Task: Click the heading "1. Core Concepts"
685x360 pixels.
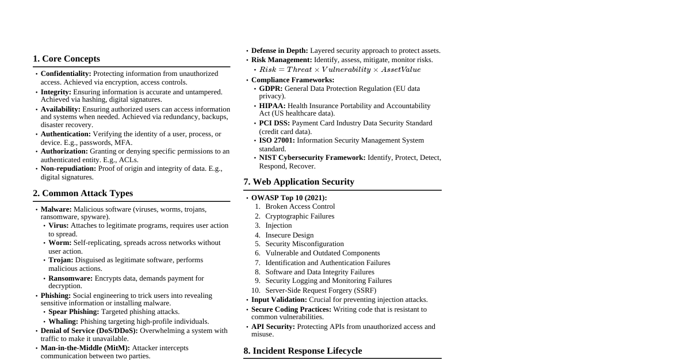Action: [66, 59]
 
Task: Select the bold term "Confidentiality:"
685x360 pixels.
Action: [66, 74]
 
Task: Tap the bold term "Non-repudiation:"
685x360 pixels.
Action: [68, 168]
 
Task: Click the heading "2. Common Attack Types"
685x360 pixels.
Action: [83, 193]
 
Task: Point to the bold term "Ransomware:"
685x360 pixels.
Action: [70, 278]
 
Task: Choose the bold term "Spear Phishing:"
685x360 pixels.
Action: [74, 312]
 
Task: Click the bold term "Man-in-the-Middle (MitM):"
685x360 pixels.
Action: [85, 348]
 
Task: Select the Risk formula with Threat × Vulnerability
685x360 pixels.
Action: [340, 70]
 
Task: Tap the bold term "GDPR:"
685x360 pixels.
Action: [270, 89]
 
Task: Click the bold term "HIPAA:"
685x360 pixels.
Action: [272, 106]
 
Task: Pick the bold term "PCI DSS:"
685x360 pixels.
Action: [274, 123]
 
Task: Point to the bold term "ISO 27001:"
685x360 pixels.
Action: [277, 140]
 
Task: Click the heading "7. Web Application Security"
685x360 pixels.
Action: [299, 182]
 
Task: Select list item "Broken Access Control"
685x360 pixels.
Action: [300, 206]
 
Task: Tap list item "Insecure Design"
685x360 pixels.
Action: [289, 235]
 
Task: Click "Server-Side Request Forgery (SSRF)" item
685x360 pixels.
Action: [320, 290]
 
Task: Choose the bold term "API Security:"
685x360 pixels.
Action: [273, 327]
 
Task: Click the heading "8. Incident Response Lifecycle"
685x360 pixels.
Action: [303, 351]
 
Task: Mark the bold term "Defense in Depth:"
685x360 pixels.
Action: [280, 51]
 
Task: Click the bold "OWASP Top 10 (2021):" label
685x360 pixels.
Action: [289, 198]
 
